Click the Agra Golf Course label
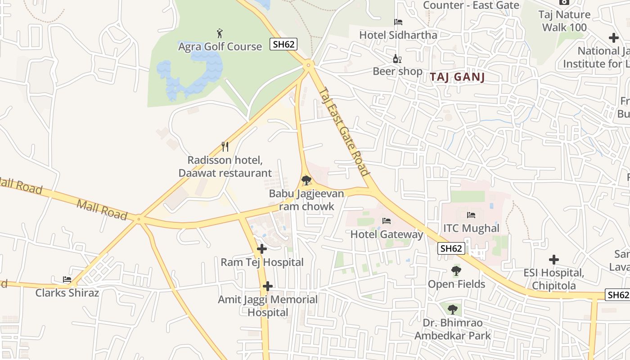(220, 46)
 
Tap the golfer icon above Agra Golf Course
(220, 33)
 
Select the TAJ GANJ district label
(457, 77)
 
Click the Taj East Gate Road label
(344, 131)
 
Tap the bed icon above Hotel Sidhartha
(398, 22)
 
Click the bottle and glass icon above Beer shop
(397, 58)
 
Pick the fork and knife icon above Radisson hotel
(225, 147)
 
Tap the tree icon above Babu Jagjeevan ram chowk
(306, 180)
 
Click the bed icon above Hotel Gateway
(386, 221)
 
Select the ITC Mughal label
(471, 228)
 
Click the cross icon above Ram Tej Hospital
(262, 249)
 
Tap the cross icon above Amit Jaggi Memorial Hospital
(268, 286)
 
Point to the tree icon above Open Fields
(456, 271)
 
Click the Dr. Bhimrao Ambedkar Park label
(453, 329)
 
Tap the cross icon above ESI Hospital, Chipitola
(554, 260)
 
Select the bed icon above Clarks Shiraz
(67, 279)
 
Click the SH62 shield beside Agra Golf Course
(283, 44)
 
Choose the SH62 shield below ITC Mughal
(451, 248)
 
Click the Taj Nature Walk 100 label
(564, 21)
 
